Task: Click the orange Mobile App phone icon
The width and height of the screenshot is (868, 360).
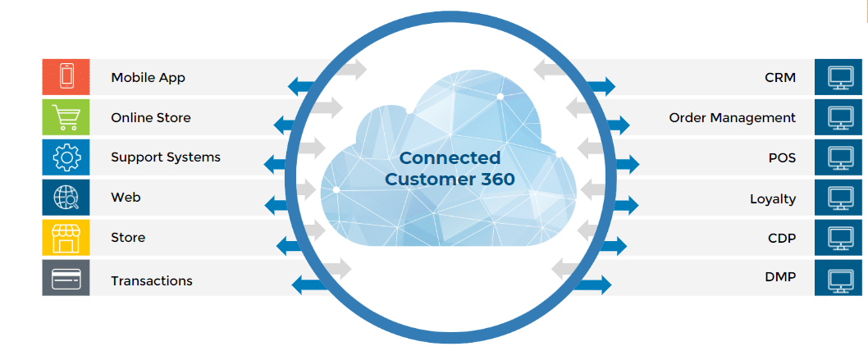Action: [65, 77]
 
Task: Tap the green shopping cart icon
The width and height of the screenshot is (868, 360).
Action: [65, 117]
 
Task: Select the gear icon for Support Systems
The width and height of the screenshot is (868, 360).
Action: [65, 157]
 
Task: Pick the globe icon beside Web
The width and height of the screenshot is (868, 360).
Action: [65, 198]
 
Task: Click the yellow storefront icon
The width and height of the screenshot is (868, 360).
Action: [65, 238]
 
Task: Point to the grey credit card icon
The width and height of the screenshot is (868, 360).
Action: [65, 279]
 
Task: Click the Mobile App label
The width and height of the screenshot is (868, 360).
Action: [148, 78]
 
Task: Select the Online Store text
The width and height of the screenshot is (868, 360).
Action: [151, 117]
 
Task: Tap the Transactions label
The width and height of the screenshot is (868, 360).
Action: [152, 280]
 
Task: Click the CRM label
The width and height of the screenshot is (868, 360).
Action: [779, 78]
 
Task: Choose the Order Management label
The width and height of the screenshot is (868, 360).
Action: [732, 118]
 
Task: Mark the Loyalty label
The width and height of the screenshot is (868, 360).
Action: [773, 198]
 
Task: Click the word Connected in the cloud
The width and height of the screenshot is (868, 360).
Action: [450, 157]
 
